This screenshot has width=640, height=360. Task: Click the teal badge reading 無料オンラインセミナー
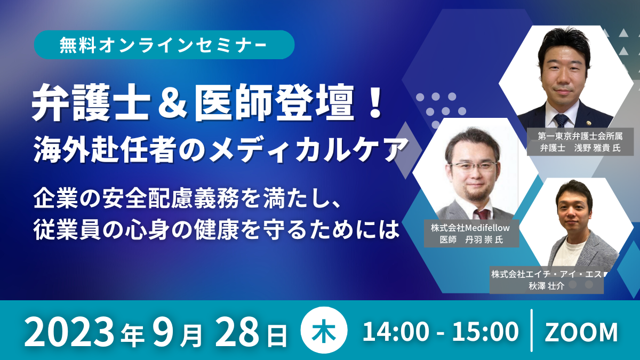click(x=164, y=45)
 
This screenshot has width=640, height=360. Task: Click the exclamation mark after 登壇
click(x=374, y=102)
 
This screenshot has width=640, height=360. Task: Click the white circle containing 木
click(x=324, y=330)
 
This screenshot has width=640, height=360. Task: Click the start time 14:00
click(x=396, y=332)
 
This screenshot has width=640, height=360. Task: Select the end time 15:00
click(x=485, y=332)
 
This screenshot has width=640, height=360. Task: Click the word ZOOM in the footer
click(x=581, y=332)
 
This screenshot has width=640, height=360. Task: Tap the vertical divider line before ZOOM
click(x=531, y=330)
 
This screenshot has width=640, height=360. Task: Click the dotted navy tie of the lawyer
click(x=561, y=121)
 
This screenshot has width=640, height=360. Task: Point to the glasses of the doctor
click(x=473, y=166)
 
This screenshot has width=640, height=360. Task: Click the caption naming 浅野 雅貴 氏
click(x=580, y=142)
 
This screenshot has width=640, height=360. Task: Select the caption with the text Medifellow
click(x=471, y=234)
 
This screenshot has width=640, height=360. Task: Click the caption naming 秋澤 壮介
click(x=547, y=280)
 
